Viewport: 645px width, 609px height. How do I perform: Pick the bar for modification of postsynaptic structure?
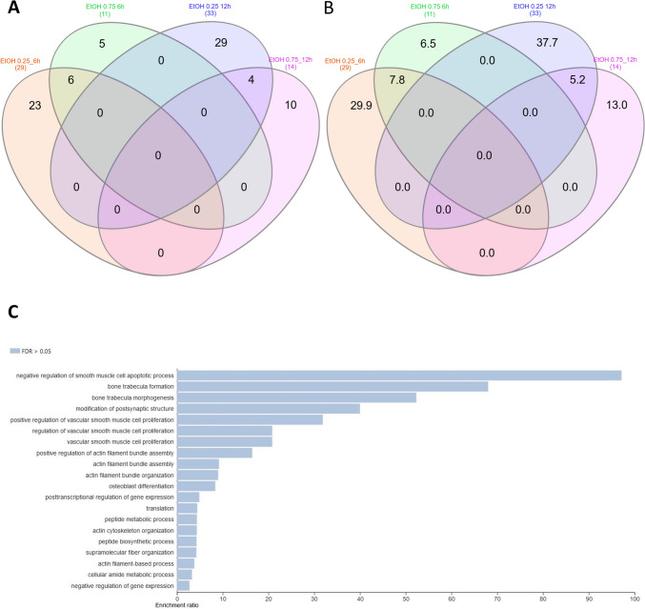pos(268,408)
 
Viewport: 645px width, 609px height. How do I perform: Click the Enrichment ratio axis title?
pos(196,604)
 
